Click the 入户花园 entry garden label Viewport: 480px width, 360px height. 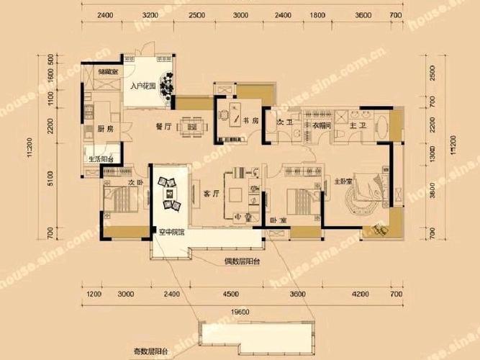(x=143, y=87)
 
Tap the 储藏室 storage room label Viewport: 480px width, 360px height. (x=109, y=71)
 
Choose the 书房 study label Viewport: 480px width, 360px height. (x=249, y=122)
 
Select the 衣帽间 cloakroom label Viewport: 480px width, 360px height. (x=321, y=124)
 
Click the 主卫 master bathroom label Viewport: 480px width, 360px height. (x=356, y=124)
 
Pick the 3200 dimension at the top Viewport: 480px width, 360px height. (x=150, y=14)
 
